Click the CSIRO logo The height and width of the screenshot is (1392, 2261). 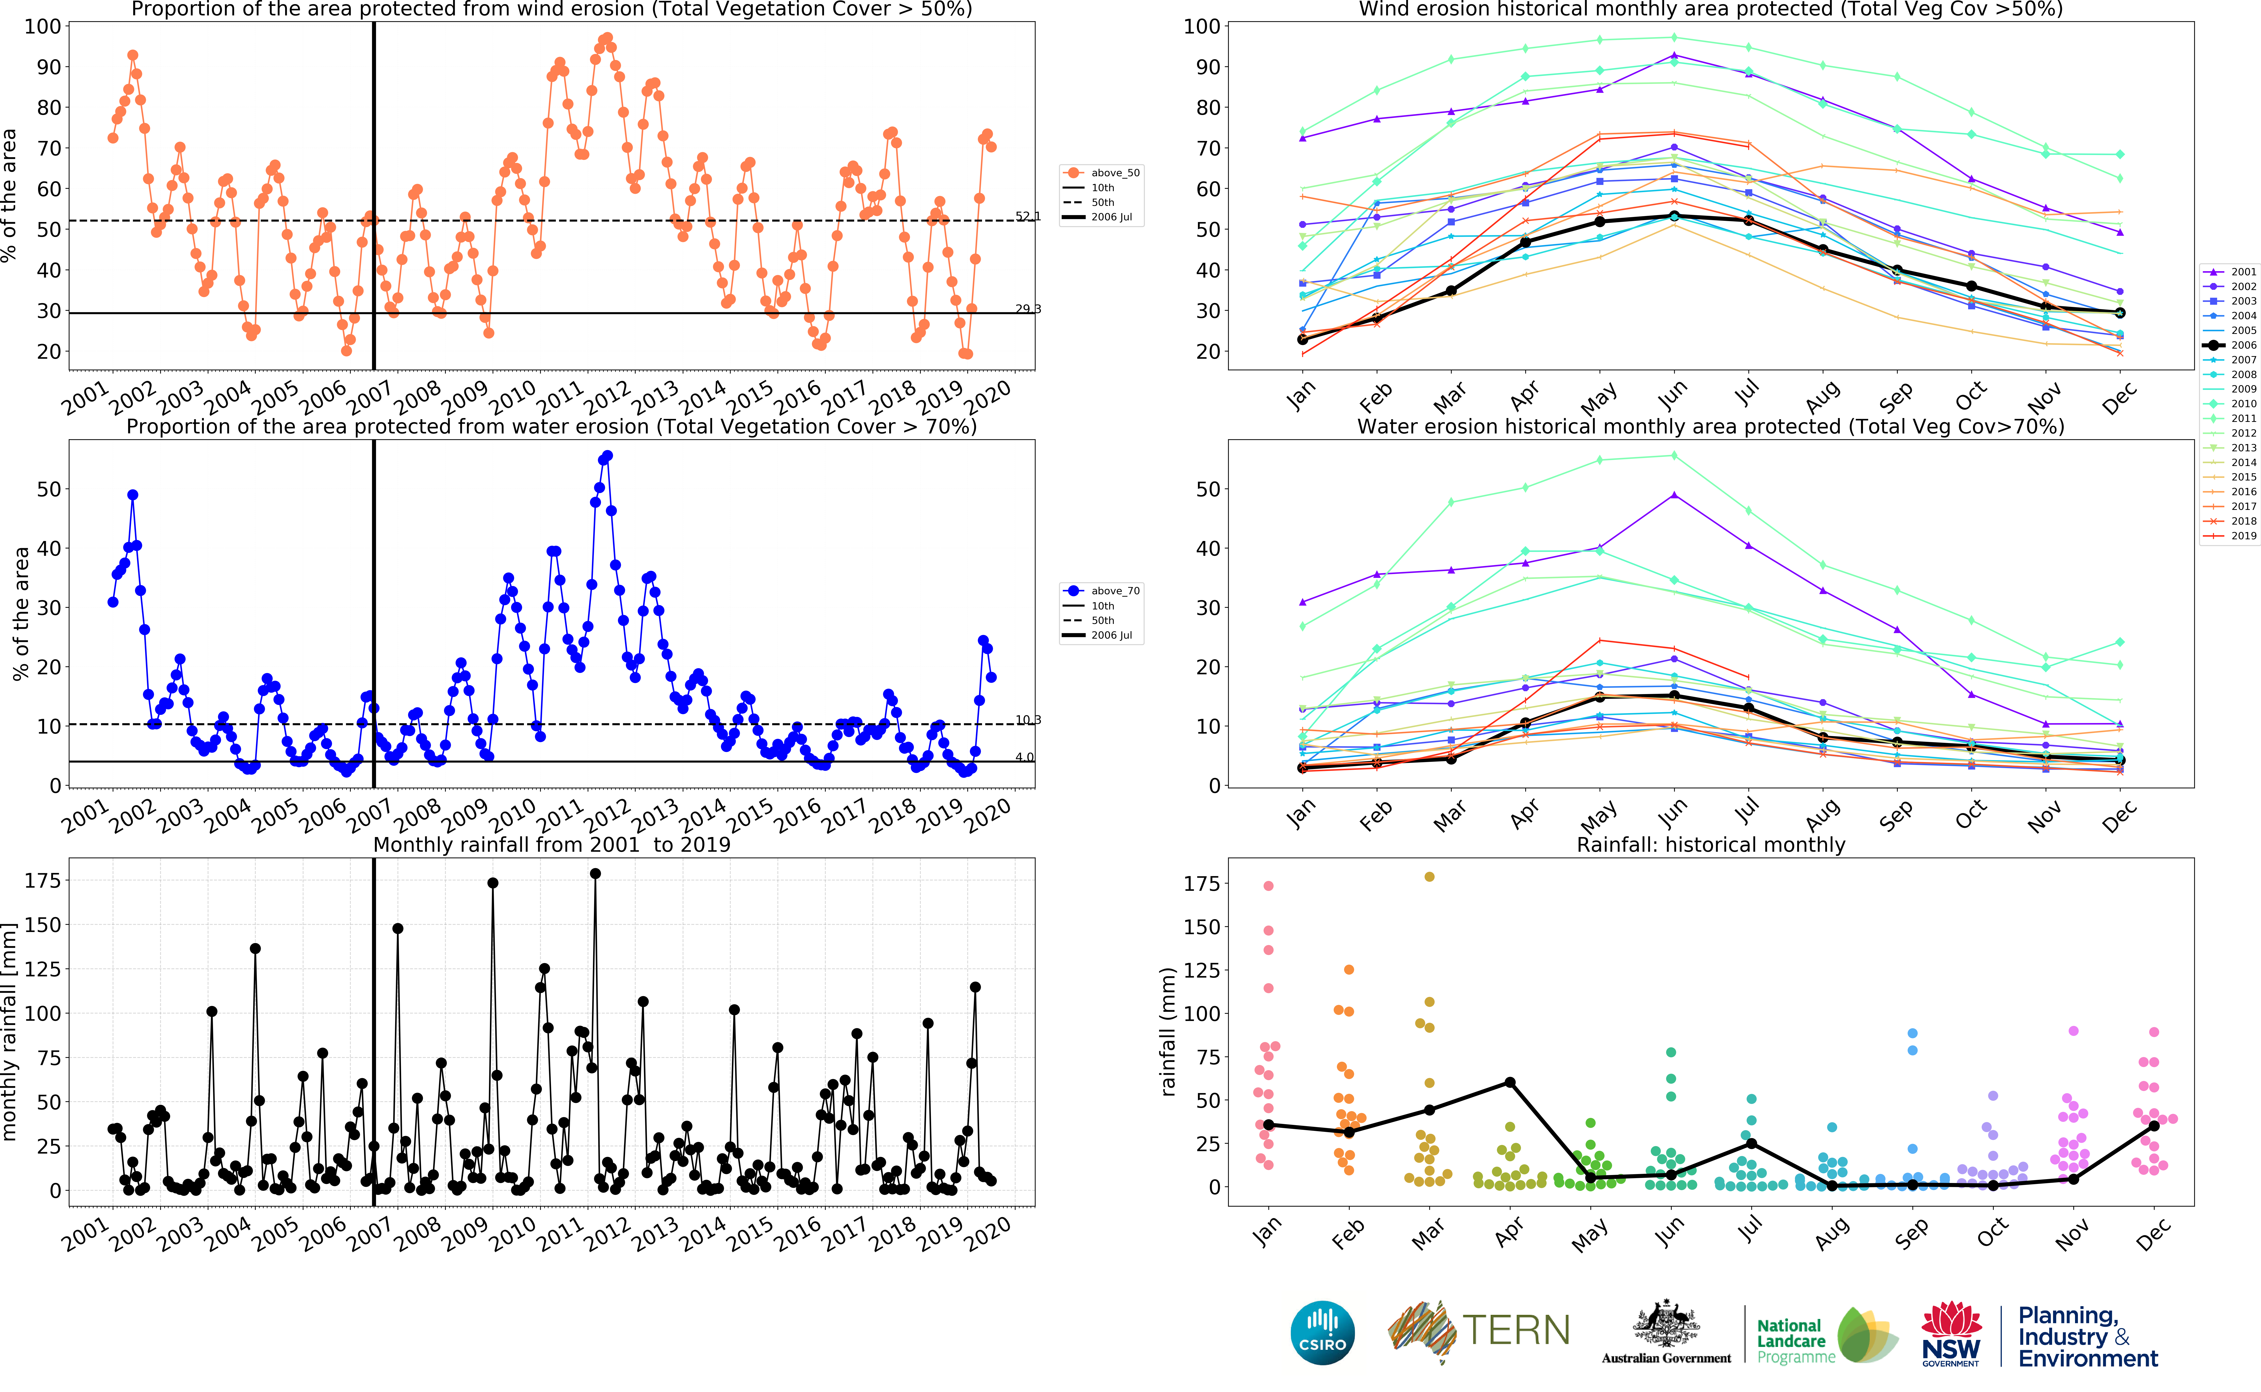click(1323, 1332)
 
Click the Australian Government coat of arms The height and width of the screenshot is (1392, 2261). click(1666, 1326)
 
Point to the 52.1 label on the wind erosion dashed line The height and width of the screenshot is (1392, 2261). click(1028, 216)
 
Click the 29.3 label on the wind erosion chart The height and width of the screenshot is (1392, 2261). click(1028, 309)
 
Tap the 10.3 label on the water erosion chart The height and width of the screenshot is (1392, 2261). click(1028, 720)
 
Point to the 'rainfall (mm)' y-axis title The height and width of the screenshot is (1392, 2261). click(1168, 1031)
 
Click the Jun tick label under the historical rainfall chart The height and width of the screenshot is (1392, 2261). click(1669, 1232)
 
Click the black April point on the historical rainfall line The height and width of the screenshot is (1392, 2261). click(1510, 1083)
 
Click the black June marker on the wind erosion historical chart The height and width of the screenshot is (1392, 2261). click(1674, 216)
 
